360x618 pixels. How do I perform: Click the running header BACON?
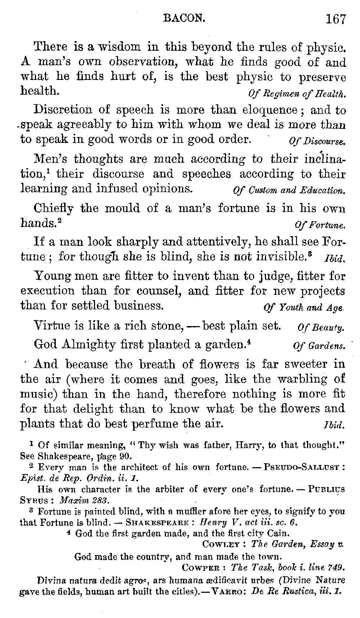(184, 18)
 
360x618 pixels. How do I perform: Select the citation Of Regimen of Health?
(297, 95)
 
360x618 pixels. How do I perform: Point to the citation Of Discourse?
(317, 141)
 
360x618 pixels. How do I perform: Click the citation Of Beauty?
(321, 328)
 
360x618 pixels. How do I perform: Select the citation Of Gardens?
(319, 347)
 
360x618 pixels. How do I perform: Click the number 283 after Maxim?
(96, 500)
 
